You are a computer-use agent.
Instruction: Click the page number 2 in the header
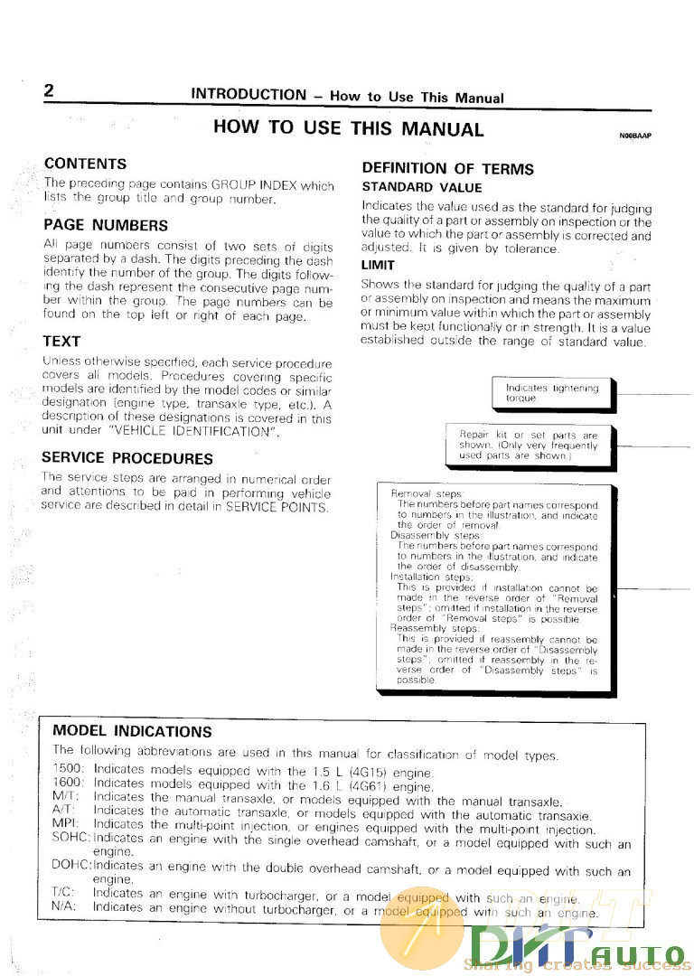coord(49,91)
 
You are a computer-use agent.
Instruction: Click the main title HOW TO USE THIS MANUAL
coord(348,128)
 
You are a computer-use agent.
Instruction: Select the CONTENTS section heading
coord(85,164)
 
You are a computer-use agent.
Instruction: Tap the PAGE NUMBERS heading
coord(105,225)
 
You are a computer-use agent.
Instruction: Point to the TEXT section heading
coord(61,342)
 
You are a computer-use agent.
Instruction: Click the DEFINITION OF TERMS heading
coord(447,168)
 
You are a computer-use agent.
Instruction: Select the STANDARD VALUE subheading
coord(409,187)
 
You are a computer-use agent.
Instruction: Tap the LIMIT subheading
coord(378,265)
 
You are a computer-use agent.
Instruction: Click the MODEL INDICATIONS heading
coord(132,731)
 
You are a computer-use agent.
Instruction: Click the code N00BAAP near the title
coord(635,136)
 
